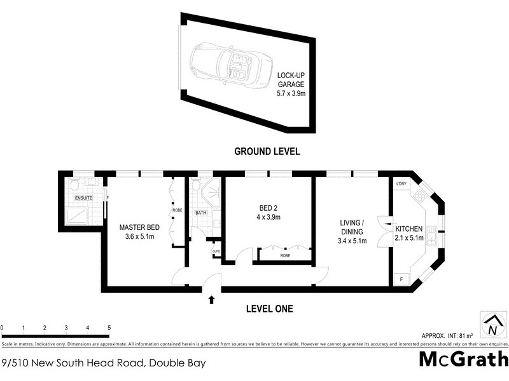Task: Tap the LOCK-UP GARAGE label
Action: coord(291,84)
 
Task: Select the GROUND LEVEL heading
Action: coord(267,151)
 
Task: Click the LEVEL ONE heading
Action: coord(269,309)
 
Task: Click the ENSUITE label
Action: coord(84,198)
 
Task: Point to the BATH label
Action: coord(200,213)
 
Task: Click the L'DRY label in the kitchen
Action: coord(401,184)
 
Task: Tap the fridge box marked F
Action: coord(401,278)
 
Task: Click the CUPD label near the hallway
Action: coord(216,251)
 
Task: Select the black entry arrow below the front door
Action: coord(211,299)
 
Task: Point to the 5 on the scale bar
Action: coord(109,328)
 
